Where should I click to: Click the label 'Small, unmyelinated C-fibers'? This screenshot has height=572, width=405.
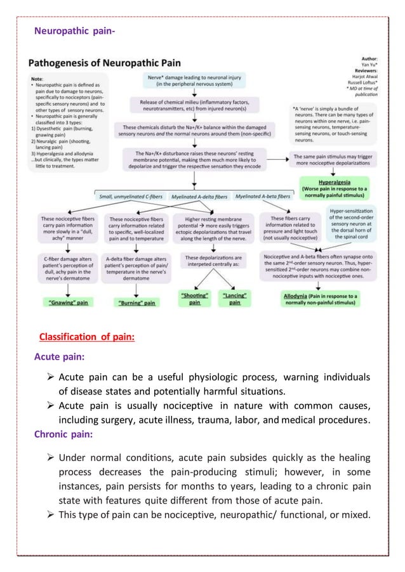[131, 197]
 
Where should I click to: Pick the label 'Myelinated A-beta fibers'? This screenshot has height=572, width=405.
[262, 197]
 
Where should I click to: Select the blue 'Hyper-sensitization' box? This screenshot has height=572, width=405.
[352, 223]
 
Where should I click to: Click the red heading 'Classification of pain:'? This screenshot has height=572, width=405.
[86, 336]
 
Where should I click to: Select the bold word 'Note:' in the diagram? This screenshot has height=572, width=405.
[37, 78]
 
